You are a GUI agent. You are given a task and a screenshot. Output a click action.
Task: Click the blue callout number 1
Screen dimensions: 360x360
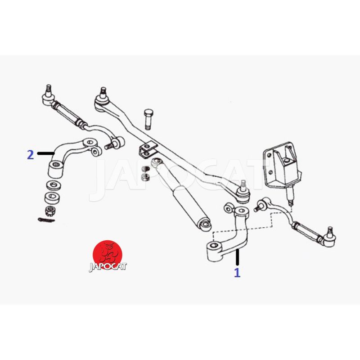click(x=237, y=272)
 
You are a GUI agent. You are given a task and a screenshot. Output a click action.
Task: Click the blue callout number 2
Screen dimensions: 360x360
click(x=31, y=155)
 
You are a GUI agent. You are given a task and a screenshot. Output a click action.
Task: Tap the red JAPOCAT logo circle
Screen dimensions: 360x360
click(x=108, y=255)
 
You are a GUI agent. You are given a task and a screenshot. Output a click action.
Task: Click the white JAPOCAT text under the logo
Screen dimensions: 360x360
click(x=108, y=266)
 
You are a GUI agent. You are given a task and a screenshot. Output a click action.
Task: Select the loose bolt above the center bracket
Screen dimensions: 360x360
click(x=148, y=119)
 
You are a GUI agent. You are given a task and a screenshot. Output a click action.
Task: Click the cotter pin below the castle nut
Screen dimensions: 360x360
click(x=46, y=220)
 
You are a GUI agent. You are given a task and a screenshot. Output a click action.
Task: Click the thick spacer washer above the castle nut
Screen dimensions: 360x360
click(x=52, y=198)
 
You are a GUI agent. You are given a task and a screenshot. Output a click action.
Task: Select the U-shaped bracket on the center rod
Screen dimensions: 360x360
click(x=148, y=150)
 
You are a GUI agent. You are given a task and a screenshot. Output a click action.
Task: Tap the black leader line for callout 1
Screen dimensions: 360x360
click(x=237, y=257)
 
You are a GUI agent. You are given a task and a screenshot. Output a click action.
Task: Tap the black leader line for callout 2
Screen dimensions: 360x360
click(x=46, y=153)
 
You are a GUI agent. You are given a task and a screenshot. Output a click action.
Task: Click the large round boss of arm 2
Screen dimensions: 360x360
click(x=55, y=169)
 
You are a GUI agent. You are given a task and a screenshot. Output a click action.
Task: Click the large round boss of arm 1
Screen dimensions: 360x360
click(x=216, y=251)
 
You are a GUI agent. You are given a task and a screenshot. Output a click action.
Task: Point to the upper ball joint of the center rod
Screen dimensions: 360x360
click(x=103, y=99)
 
